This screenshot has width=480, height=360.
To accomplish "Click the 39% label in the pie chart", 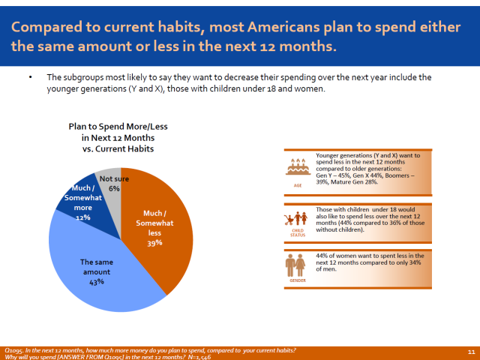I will click(x=154, y=243).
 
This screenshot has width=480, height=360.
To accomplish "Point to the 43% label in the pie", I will click(x=96, y=282).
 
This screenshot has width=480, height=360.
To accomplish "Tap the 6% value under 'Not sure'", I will click(x=114, y=189).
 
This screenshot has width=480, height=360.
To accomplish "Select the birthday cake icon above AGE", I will click(x=298, y=164).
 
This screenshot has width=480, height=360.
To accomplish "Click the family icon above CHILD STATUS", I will click(x=298, y=218).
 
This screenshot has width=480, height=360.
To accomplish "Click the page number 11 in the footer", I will click(x=471, y=351).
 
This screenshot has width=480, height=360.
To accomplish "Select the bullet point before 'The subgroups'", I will click(x=31, y=78).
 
